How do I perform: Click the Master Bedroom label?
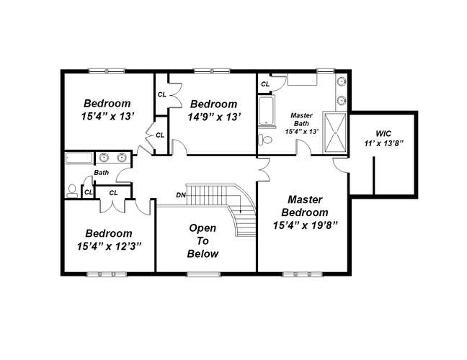(x=305, y=206)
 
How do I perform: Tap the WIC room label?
(x=383, y=133)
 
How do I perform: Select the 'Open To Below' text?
(x=203, y=240)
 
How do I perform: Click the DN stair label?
(x=181, y=195)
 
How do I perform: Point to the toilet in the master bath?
(x=265, y=140)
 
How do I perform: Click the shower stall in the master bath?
(x=335, y=132)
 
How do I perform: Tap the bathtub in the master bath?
(x=265, y=112)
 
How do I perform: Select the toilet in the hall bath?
(x=72, y=191)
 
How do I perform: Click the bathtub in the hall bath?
(x=79, y=158)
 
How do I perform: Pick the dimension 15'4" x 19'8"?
(x=306, y=225)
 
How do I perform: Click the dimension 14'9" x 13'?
(x=214, y=117)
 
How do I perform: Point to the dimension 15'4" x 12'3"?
(x=109, y=246)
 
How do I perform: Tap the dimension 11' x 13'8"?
(x=383, y=143)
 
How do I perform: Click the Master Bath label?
(x=301, y=120)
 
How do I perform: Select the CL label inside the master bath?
(x=265, y=84)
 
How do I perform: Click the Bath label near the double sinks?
(x=102, y=173)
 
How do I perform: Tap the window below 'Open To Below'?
(x=203, y=274)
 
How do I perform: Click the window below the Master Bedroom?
(x=302, y=274)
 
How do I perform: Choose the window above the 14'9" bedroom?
(x=212, y=71)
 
